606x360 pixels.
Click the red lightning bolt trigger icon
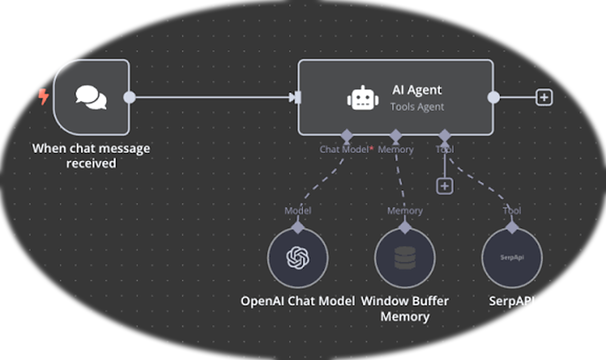pyautogui.click(x=43, y=96)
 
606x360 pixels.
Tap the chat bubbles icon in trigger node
pyautogui.click(x=91, y=97)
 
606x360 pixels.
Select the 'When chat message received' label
pyautogui.click(x=91, y=156)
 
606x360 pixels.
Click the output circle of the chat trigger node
pyautogui.click(x=130, y=97)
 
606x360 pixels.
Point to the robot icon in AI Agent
pyautogui.click(x=363, y=98)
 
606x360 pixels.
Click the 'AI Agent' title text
pyautogui.click(x=417, y=90)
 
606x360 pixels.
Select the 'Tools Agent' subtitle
pyautogui.click(x=417, y=107)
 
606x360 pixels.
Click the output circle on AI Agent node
pyautogui.click(x=493, y=97)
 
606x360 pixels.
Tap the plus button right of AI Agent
pyautogui.click(x=544, y=97)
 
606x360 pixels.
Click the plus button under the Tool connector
pyautogui.click(x=444, y=186)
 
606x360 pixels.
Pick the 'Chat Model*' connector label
pyautogui.click(x=346, y=150)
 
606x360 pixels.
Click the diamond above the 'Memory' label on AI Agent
pyautogui.click(x=395, y=136)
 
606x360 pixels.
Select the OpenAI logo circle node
pyautogui.click(x=297, y=258)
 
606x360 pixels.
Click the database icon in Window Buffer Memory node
pyautogui.click(x=405, y=258)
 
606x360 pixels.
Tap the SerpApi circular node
pyautogui.click(x=512, y=258)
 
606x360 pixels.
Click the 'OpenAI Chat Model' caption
pyautogui.click(x=297, y=301)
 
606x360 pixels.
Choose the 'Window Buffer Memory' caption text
pyautogui.click(x=405, y=309)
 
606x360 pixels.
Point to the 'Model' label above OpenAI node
pyautogui.click(x=297, y=211)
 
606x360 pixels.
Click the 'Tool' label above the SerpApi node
pyautogui.click(x=512, y=211)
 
